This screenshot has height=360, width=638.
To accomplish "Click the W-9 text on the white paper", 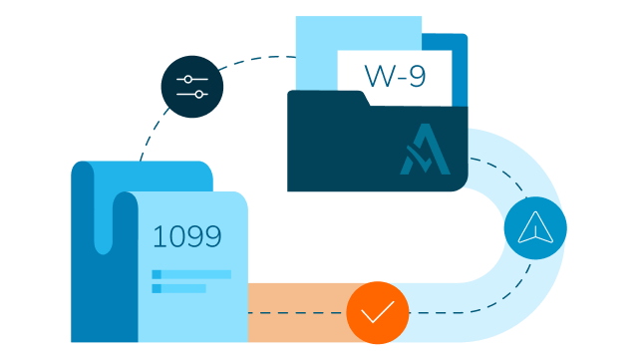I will coord(395,77).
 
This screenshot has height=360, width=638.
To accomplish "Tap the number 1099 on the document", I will coord(186,236).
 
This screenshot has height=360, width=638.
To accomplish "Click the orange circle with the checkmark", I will coord(378,312).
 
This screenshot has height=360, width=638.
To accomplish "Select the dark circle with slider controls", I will coord(192,87).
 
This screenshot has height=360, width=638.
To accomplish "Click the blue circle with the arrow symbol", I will coord(535,228).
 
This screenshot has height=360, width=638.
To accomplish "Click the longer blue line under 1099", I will coord(191,274).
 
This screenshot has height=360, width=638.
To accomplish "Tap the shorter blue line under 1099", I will coord(178,288).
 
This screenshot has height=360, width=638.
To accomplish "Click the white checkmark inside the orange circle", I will coord(378,313).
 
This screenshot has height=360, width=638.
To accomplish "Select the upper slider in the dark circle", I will coord(192,79).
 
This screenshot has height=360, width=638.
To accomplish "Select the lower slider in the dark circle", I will coord(192,95).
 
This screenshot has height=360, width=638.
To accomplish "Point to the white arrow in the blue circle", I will coord(535,228).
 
